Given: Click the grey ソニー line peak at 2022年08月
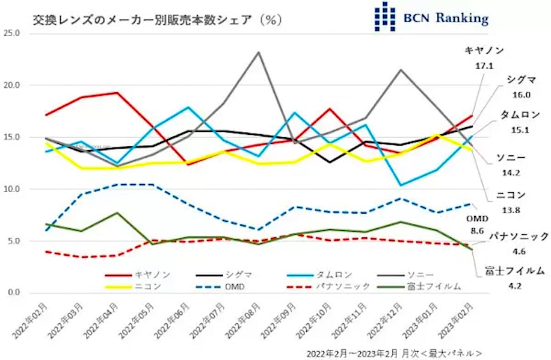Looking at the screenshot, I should click(258, 52).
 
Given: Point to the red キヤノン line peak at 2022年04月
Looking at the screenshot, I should click(116, 93).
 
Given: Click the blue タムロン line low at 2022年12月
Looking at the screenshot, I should click(400, 185).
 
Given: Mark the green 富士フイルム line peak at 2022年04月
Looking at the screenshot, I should click(116, 213).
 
